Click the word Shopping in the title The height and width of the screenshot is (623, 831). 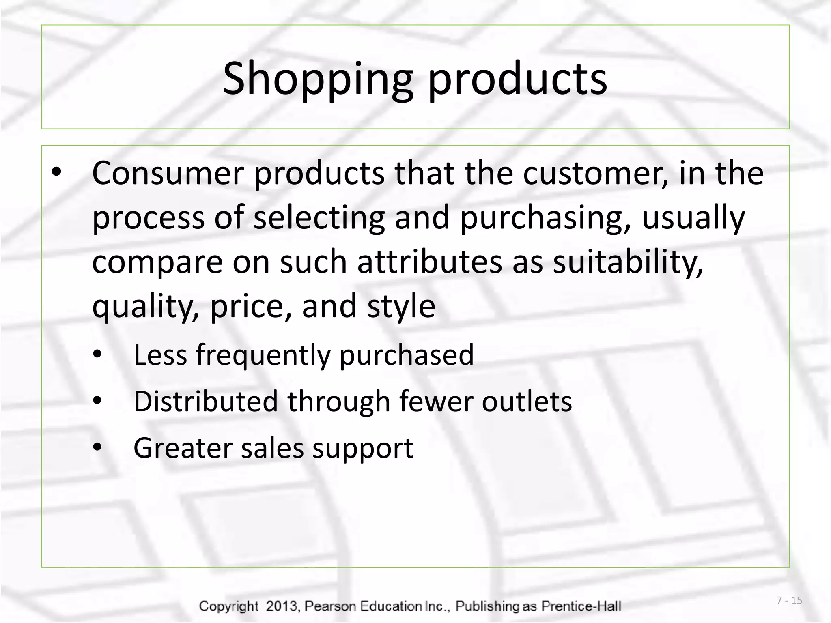click(x=318, y=79)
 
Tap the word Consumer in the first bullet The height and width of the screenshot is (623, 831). click(x=168, y=174)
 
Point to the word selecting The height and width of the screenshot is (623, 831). click(x=319, y=218)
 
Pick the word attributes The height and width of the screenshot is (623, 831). click(x=429, y=262)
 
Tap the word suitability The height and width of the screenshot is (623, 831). click(x=628, y=262)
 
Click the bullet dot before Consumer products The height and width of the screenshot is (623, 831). click(x=56, y=172)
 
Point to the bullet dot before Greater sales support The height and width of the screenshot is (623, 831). click(x=97, y=447)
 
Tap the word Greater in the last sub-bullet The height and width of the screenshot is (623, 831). click(x=182, y=448)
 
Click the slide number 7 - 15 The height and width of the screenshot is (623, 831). click(x=789, y=600)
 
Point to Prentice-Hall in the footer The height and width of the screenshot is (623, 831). click(x=581, y=606)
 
